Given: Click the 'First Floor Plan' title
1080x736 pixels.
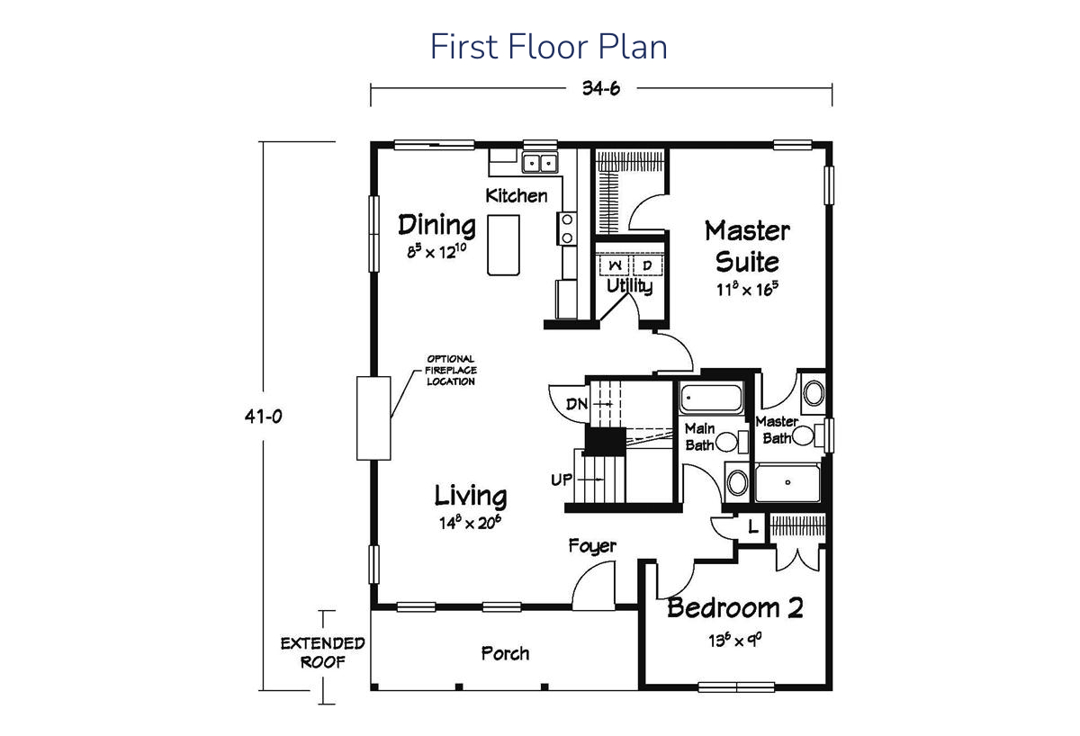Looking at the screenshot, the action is [x=548, y=47].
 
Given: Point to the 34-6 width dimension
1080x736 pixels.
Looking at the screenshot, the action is [x=601, y=88].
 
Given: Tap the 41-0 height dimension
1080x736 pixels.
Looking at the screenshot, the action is [x=263, y=416].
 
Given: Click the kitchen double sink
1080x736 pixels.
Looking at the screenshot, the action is [x=540, y=163].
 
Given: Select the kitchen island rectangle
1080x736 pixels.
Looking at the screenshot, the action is [x=503, y=245].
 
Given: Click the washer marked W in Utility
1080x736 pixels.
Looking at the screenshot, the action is [x=615, y=265].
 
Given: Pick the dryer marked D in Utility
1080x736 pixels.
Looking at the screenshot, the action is [x=647, y=265].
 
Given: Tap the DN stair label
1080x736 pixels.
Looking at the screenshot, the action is [x=577, y=404].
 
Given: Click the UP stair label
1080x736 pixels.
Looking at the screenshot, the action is [x=562, y=480].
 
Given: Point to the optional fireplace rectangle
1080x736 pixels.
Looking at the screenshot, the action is [x=373, y=418].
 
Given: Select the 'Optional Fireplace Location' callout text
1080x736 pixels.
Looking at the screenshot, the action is [x=451, y=370].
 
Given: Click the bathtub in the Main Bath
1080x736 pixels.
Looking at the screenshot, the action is [x=711, y=398].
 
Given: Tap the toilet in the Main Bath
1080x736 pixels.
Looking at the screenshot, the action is [x=731, y=442].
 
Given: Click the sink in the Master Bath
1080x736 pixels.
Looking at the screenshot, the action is [x=814, y=393].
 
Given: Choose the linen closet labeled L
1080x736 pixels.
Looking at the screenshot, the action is [x=752, y=528].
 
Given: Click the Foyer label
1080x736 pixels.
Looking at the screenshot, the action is [x=592, y=546].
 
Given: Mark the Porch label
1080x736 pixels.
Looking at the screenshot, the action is [x=505, y=653].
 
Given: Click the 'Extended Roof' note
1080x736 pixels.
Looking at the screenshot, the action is [x=322, y=652].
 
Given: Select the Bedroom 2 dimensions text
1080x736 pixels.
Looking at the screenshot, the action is [x=734, y=640].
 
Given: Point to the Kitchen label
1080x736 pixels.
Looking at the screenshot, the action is [x=517, y=195].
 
